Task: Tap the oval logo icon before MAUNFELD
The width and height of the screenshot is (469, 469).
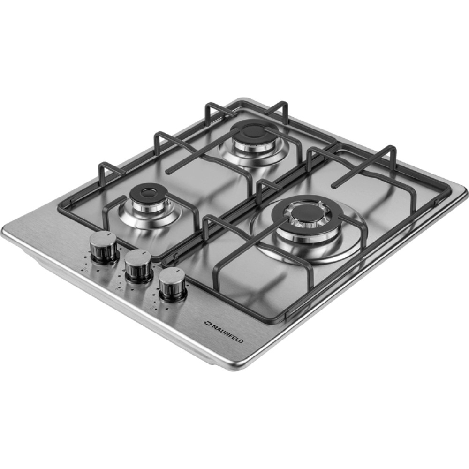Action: (x=206, y=323)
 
